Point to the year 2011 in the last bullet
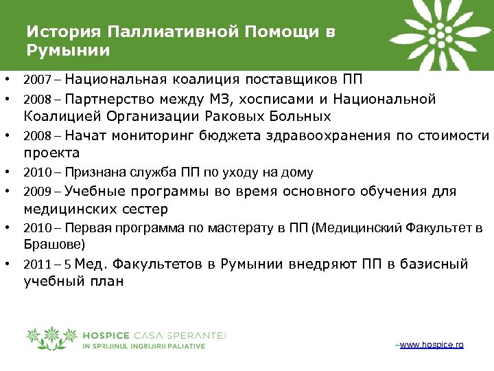(35, 265)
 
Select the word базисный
(432, 264)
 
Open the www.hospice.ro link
(431, 344)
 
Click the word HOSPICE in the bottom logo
(104, 335)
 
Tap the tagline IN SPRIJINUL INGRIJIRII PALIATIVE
(143, 346)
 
